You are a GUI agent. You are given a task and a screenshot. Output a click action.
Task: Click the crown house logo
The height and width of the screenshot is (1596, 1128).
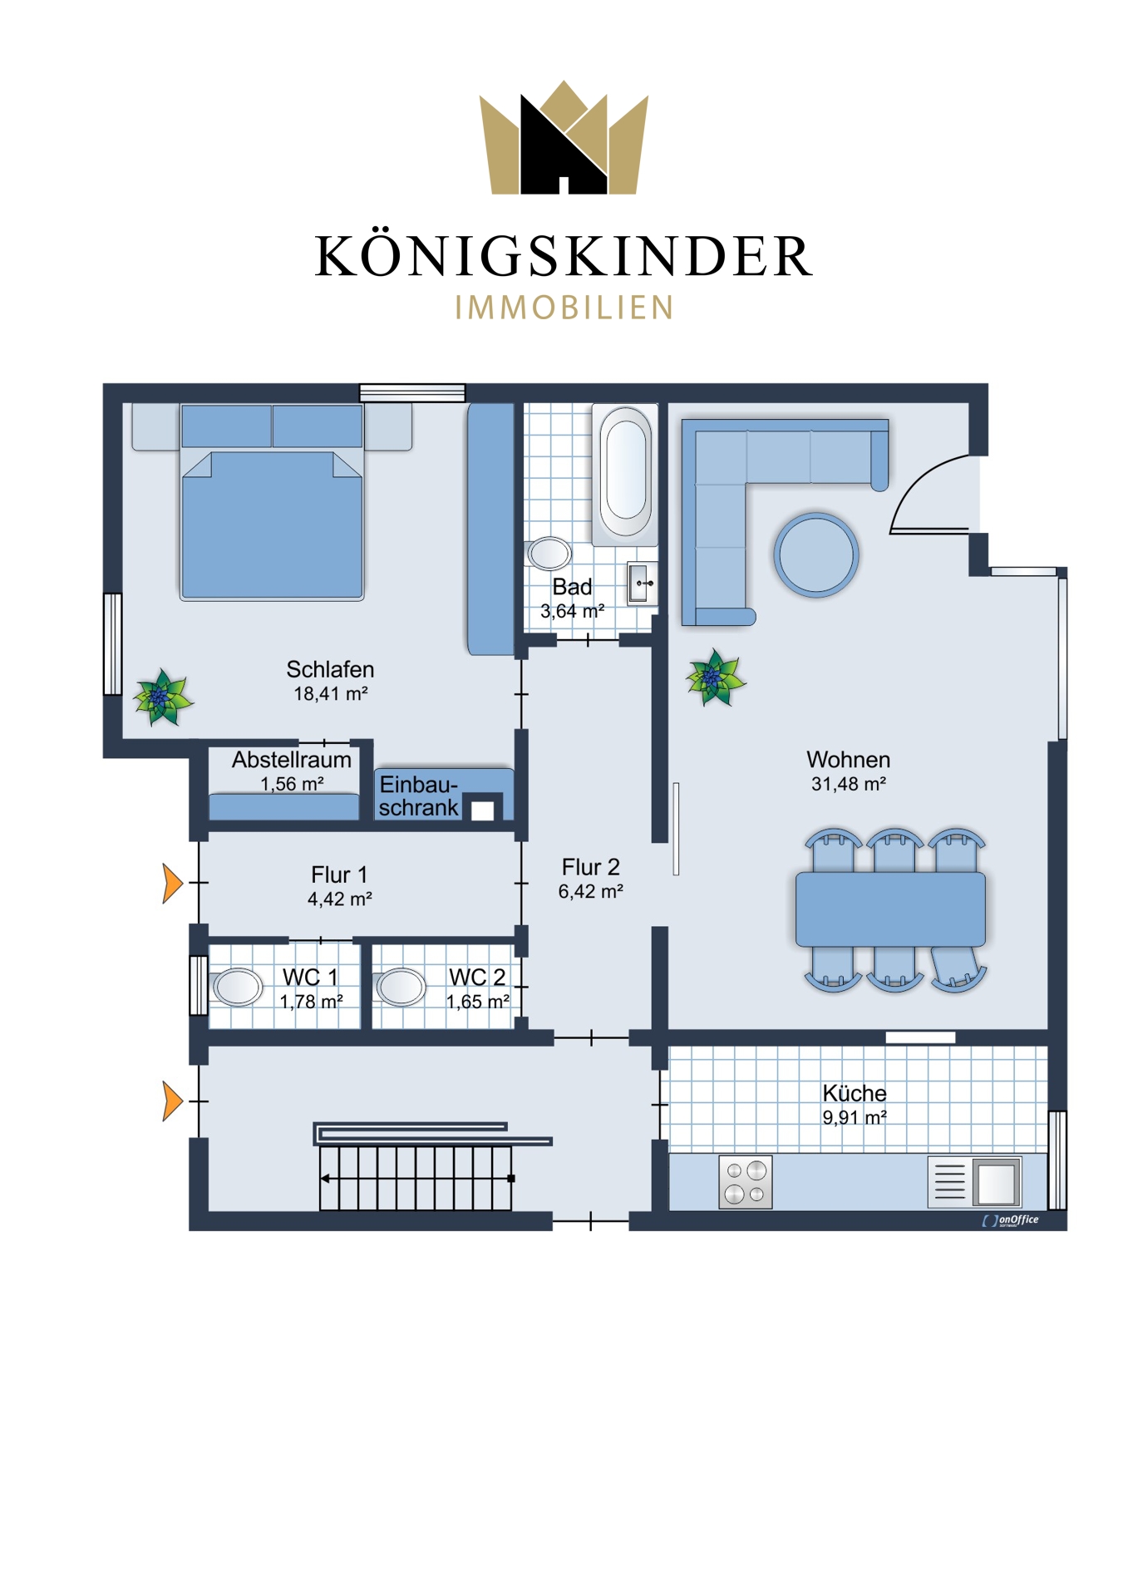[564, 137]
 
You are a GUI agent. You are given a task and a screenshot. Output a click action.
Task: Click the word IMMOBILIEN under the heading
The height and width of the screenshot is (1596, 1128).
[564, 308]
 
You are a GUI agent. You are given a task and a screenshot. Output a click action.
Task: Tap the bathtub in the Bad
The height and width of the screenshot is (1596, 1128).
[626, 471]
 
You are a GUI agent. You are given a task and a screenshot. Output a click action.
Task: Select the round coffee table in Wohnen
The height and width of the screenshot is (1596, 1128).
[816, 554]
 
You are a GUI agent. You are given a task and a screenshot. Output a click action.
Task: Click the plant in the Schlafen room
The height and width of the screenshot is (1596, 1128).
[163, 697]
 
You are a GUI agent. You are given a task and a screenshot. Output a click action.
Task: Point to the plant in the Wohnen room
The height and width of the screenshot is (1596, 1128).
[715, 677]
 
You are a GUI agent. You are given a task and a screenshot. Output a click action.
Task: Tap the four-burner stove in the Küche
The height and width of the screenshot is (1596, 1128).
[746, 1182]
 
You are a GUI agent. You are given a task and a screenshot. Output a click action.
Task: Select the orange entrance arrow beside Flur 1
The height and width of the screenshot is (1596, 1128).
[172, 883]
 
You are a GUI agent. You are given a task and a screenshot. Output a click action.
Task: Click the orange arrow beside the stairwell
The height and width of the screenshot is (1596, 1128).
[172, 1101]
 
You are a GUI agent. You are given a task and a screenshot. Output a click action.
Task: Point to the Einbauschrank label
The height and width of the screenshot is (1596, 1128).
[419, 796]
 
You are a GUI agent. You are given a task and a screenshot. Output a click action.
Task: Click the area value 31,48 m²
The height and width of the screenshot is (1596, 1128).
[849, 784]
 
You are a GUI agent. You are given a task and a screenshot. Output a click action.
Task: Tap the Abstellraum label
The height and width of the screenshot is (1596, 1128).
[291, 760]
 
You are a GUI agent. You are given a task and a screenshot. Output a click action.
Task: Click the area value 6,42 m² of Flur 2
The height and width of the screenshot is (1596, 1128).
[591, 892]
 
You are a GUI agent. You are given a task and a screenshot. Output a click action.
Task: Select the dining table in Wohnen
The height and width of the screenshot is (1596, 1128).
[890, 909]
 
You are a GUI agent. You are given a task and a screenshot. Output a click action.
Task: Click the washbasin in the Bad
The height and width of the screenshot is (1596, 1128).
[642, 584]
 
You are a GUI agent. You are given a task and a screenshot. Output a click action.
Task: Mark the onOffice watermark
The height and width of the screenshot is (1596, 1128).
[1011, 1220]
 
